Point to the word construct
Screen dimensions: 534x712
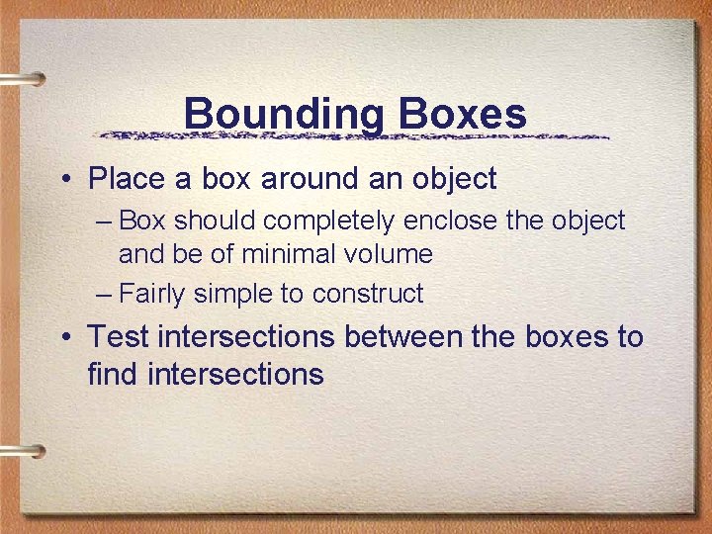[367, 294]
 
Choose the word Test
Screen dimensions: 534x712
[119, 337]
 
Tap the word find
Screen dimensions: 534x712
[115, 374]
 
